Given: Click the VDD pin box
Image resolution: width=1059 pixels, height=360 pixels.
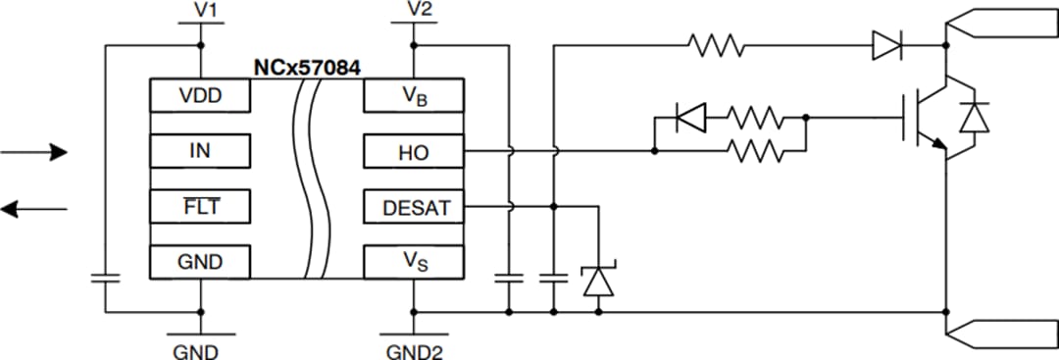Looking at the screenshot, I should click(x=200, y=96).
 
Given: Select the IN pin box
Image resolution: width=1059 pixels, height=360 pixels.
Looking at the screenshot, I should click(x=200, y=152).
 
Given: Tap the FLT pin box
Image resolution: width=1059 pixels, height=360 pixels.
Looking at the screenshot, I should click(x=200, y=207).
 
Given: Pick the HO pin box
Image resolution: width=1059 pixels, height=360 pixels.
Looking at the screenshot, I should click(x=413, y=152).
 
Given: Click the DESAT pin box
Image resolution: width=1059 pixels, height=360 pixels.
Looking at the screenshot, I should click(x=413, y=207).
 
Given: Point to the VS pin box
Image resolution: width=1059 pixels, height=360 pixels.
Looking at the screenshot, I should click(x=413, y=262).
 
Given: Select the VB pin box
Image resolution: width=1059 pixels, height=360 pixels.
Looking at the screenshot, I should click(x=413, y=96).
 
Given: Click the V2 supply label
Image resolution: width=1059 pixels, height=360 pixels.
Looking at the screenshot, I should click(x=419, y=10).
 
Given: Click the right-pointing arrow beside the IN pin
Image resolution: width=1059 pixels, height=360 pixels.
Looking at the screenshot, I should click(x=35, y=152).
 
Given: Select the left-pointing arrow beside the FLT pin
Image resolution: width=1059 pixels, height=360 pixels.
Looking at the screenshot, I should click(x=35, y=208).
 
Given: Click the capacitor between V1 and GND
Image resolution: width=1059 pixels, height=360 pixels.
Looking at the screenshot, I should click(x=104, y=278).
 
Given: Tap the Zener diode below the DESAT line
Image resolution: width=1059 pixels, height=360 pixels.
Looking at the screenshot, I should click(x=597, y=281).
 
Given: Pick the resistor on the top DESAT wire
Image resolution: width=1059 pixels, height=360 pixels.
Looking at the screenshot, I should click(x=716, y=45).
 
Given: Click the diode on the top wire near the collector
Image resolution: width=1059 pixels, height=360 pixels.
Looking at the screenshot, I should click(x=886, y=45).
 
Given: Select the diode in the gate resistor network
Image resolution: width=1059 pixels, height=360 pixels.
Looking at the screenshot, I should click(x=691, y=120).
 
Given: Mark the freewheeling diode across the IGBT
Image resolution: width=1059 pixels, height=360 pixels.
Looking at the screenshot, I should click(x=973, y=118).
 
